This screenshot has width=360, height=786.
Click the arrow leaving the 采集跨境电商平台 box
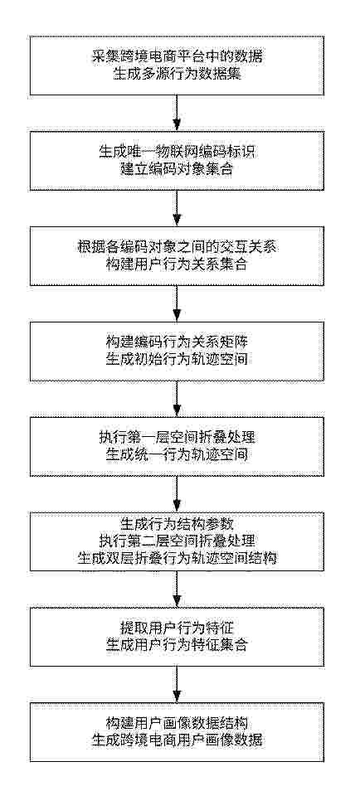click(x=177, y=113)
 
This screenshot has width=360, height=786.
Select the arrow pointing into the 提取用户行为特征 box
click(x=177, y=589)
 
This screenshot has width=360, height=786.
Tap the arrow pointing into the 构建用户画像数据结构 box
click(x=177, y=684)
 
